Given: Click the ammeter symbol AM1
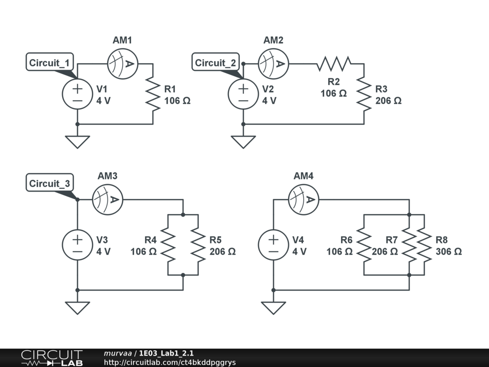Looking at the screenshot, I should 122,64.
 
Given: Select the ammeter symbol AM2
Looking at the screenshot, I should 273,64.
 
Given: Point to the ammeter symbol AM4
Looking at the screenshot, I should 303,199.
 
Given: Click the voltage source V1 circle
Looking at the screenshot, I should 77,94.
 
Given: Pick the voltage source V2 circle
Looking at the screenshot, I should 244,94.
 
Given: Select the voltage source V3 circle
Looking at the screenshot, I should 77,245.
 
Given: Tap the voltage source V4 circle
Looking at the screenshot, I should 273,245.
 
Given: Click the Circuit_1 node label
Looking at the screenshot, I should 50,63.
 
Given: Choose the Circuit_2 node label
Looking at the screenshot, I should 216,63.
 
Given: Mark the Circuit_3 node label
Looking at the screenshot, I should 50,183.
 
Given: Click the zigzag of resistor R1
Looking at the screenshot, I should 153,94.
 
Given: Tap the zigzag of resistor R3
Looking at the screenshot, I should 364,94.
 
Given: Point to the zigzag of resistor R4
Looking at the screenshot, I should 168,245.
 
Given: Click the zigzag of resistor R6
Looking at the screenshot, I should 364,245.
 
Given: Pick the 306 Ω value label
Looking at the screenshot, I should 448,251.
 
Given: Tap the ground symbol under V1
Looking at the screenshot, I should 77,141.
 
